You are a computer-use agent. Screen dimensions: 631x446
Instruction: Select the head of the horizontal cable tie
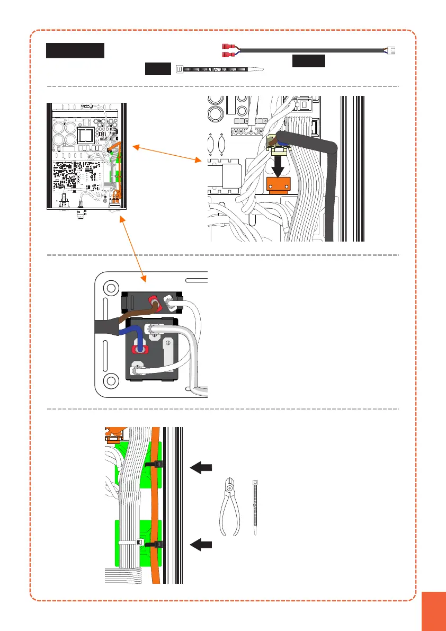pyautogui.click(x=179, y=69)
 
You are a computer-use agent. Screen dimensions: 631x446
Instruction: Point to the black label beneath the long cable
pyautogui.click(x=308, y=61)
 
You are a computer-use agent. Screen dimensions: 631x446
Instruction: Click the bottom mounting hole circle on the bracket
pyautogui.click(x=111, y=380)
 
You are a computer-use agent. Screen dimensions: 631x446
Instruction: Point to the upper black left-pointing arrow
pyautogui.click(x=201, y=467)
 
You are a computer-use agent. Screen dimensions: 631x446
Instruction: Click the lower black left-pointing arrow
pyautogui.click(x=201, y=544)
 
